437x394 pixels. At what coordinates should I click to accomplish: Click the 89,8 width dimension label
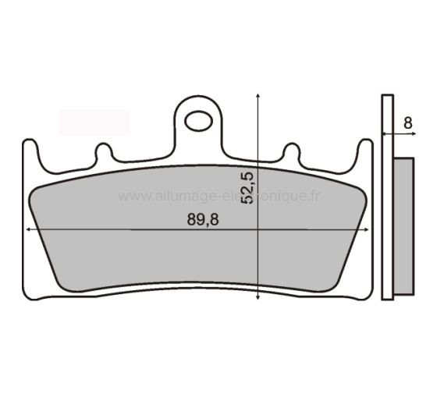[203, 220]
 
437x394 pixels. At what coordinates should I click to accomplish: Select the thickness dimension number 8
[407, 122]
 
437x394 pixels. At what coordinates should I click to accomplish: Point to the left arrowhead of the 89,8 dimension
[29, 230]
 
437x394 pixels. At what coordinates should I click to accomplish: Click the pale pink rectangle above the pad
[94, 122]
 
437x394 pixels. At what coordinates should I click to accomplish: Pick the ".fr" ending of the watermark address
[312, 197]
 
